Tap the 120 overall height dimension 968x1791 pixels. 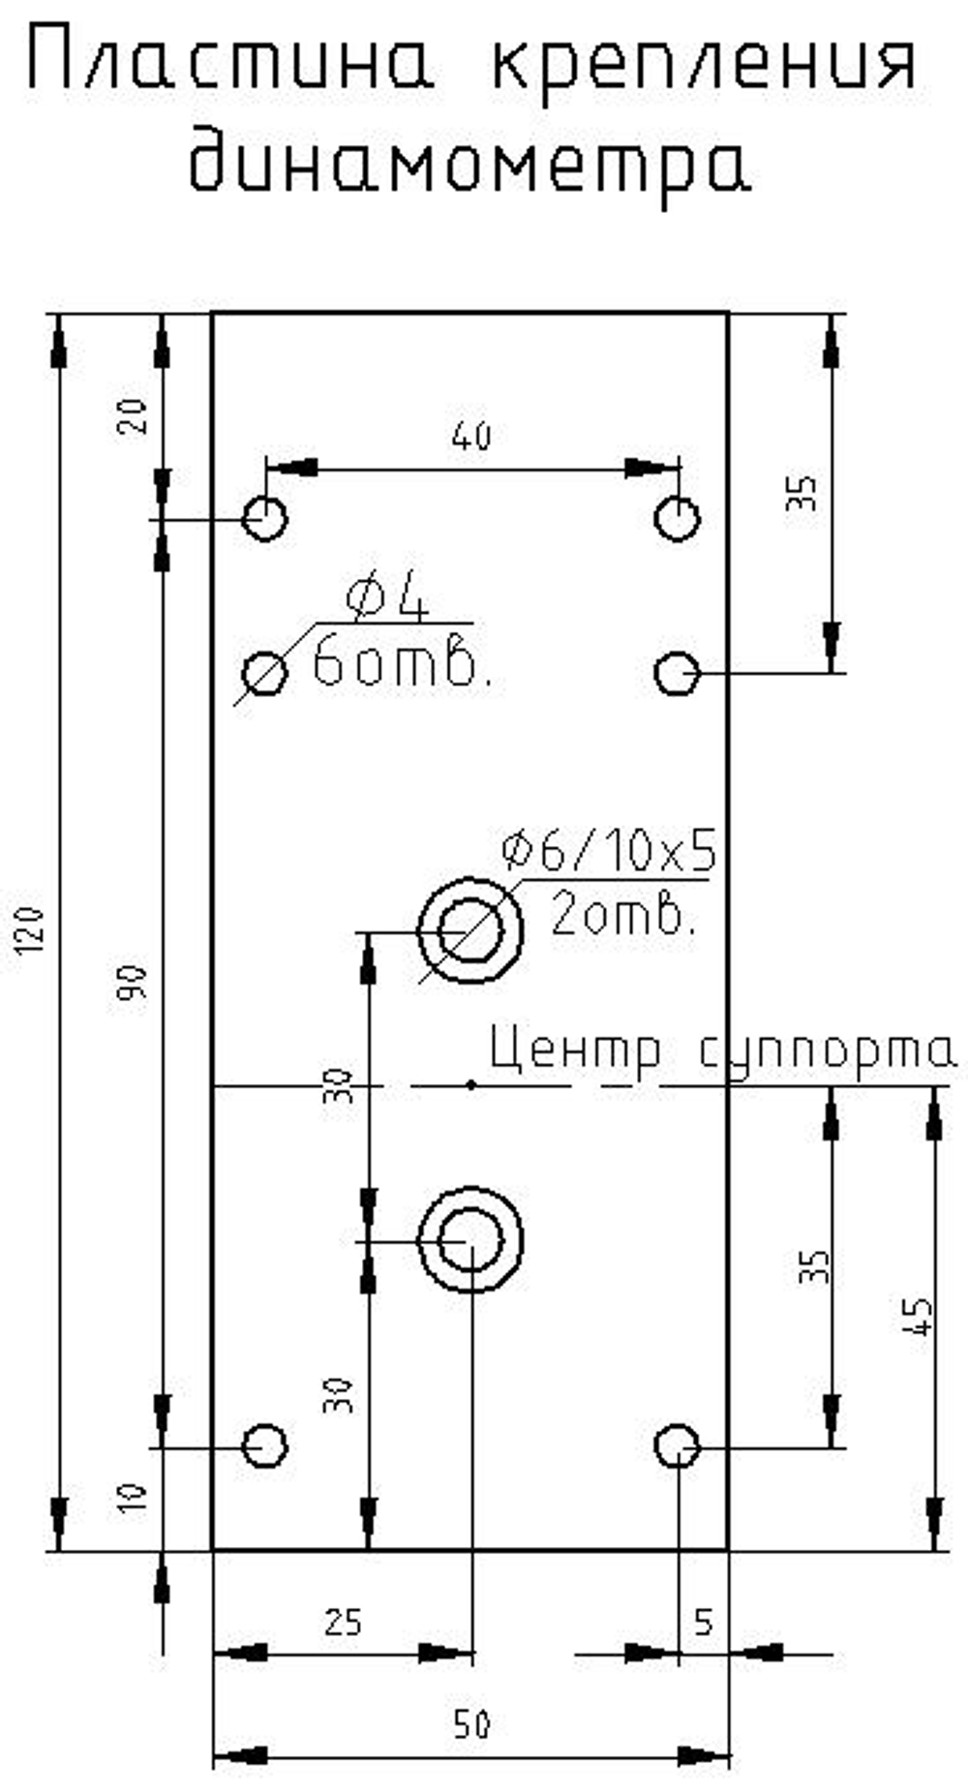(30, 931)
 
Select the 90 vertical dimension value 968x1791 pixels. (135, 983)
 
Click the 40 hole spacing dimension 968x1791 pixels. (470, 437)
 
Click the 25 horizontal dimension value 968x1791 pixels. (343, 1623)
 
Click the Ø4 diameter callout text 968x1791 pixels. (387, 601)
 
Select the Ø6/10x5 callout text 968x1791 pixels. (610, 851)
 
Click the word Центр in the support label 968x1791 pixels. (576, 1049)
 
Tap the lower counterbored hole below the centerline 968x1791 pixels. (470, 1239)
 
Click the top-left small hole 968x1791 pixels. (264, 518)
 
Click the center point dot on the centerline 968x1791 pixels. (470, 1085)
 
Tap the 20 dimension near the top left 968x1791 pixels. (135, 415)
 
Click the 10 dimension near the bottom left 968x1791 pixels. (135, 1497)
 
